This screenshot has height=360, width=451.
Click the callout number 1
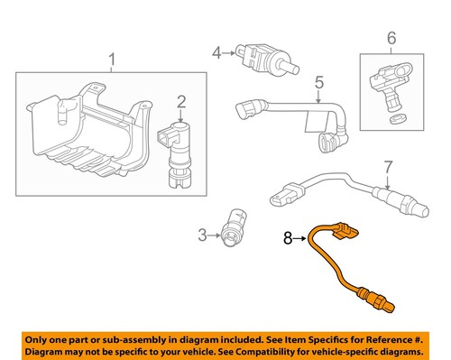[112, 62]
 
